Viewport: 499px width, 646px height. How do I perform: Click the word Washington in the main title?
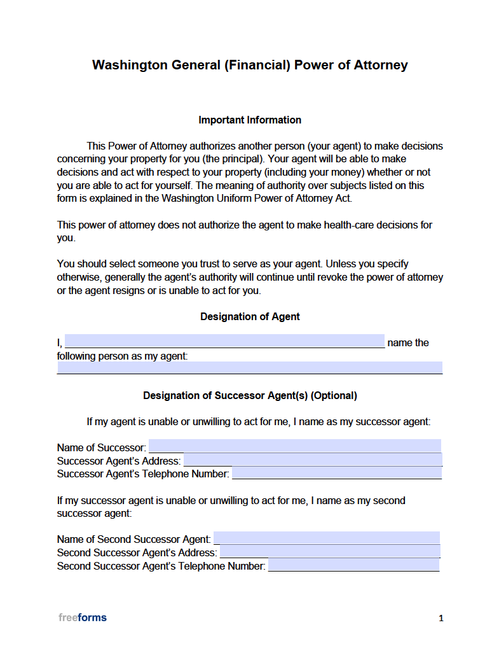click(x=130, y=65)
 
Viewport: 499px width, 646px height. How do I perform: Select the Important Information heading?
click(x=250, y=120)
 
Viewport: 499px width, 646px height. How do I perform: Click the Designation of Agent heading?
click(x=250, y=316)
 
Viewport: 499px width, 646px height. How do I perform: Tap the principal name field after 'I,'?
click(x=224, y=341)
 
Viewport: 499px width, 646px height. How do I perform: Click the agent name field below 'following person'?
click(x=250, y=367)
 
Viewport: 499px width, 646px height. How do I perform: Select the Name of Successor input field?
click(x=294, y=446)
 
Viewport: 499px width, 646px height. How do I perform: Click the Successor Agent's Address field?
click(x=312, y=460)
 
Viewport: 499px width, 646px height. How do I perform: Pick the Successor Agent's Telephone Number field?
click(x=336, y=473)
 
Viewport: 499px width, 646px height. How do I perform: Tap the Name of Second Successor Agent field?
click(x=327, y=538)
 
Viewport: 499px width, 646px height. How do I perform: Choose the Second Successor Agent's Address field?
click(x=329, y=552)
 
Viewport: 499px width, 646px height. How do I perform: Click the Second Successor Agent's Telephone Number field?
click(x=353, y=565)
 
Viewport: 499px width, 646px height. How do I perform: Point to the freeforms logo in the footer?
click(x=83, y=617)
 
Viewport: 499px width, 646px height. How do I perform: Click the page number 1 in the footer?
click(x=441, y=618)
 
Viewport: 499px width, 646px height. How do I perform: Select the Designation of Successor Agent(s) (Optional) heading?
click(x=250, y=395)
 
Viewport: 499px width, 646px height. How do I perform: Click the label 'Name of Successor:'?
click(x=102, y=447)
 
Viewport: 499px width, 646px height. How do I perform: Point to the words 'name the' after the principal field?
click(x=408, y=342)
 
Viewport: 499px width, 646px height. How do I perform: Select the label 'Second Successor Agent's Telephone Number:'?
click(x=161, y=566)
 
